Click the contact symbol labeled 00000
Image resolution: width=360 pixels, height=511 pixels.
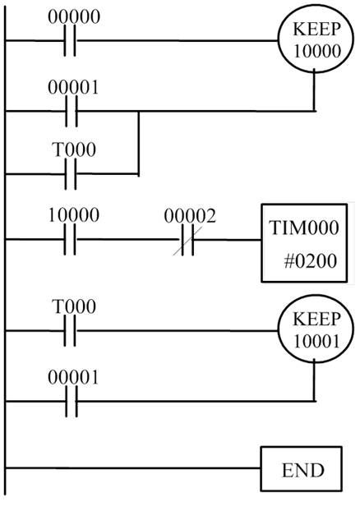click(70, 40)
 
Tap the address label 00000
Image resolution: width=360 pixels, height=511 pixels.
click(74, 16)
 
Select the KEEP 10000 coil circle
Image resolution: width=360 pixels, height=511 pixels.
click(316, 41)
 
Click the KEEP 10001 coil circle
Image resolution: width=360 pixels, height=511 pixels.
click(316, 329)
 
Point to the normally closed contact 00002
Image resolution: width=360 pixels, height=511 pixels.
click(187, 240)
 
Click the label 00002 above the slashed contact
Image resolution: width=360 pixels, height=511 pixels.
click(190, 216)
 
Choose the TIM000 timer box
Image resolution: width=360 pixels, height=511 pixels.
click(304, 243)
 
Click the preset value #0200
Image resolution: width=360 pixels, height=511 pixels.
click(310, 261)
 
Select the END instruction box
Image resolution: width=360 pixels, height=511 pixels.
click(301, 468)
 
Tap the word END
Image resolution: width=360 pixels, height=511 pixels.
click(303, 470)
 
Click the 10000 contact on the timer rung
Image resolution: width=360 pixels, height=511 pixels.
click(70, 240)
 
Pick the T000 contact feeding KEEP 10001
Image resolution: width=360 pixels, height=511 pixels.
click(70, 331)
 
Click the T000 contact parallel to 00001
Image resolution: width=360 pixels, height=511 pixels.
click(71, 174)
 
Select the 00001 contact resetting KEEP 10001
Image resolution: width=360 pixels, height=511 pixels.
click(72, 401)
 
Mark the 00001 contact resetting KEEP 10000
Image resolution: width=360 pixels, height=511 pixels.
click(72, 111)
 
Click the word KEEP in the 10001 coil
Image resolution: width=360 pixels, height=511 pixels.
click(316, 319)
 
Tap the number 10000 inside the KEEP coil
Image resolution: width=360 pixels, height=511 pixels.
click(317, 51)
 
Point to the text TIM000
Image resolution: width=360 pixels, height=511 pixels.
click(303, 228)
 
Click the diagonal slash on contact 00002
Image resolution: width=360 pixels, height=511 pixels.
click(187, 242)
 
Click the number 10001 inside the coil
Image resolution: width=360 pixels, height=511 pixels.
click(316, 341)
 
